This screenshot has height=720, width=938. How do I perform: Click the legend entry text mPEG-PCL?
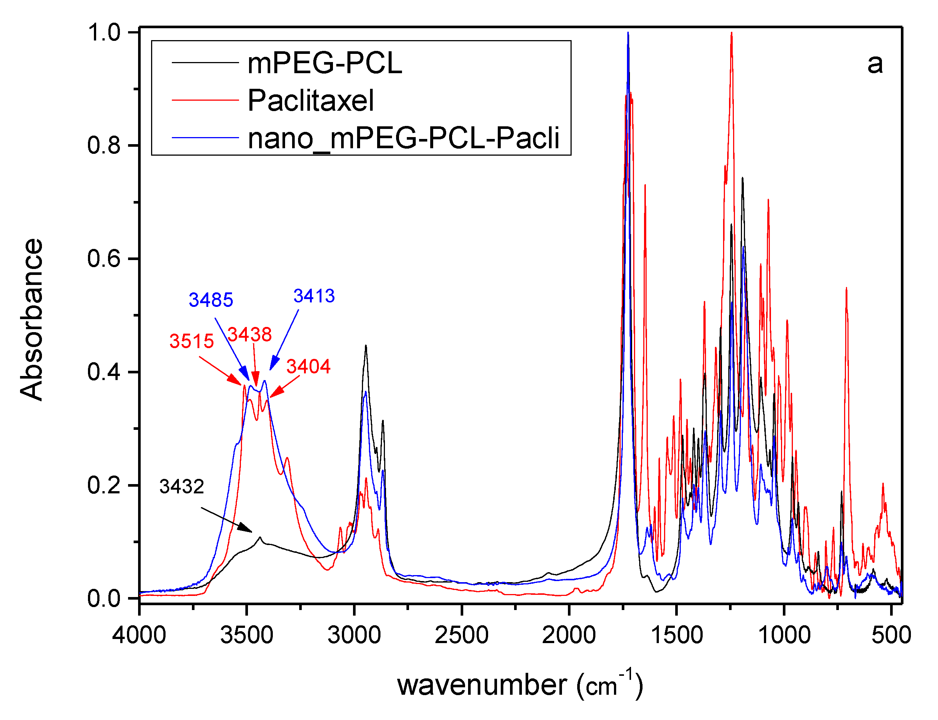[324, 64]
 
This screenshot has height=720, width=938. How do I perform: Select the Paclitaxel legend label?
[310, 101]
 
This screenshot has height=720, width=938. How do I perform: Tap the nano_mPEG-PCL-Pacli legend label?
[403, 139]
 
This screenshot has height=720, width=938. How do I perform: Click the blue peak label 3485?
[210, 300]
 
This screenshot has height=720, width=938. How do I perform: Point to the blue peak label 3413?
[314, 296]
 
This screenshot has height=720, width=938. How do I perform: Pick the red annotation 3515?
[192, 341]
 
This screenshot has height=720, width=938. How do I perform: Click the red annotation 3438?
[249, 334]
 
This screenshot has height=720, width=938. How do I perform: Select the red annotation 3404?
[308, 366]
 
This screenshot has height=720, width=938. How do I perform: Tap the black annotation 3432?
[182, 486]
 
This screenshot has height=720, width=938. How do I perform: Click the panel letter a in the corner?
[875, 64]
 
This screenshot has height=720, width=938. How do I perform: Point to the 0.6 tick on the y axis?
[104, 259]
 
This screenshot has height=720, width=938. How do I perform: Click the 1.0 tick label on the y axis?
[104, 33]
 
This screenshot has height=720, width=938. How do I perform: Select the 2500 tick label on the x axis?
[461, 635]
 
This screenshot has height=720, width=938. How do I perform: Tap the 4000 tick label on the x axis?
[139, 635]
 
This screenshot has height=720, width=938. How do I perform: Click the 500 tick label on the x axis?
[891, 635]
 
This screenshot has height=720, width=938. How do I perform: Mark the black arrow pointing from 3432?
[227, 520]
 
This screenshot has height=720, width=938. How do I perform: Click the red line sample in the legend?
[205, 100]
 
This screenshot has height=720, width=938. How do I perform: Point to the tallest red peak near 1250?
[731, 34]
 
